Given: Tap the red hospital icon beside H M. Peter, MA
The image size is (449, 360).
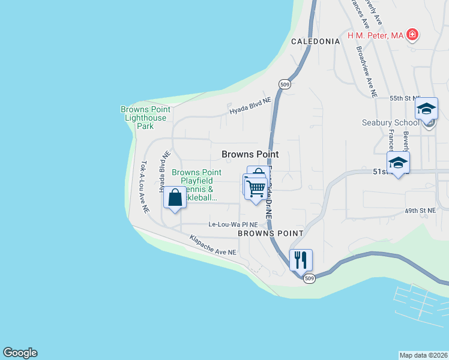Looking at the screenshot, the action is point(412,35).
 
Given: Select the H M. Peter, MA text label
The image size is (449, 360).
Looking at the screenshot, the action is point(375,35).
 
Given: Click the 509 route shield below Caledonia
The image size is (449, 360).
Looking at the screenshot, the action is point(285,85).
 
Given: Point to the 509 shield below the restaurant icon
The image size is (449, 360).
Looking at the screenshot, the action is point(309,279).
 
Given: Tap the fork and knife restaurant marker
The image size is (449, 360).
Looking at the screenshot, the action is point(301,260).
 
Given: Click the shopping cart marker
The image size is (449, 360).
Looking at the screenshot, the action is point(256,188).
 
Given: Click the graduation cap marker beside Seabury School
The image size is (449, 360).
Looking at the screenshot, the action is point(426,109).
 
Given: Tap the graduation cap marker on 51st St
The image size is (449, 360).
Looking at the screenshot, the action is point(398,163).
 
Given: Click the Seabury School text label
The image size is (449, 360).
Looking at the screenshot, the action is point(390,123).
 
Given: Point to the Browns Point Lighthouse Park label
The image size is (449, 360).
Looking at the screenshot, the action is point(145,118).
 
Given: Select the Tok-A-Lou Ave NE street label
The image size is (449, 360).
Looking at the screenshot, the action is point(144,187).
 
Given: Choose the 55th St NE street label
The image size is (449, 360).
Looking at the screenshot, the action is point(405,98).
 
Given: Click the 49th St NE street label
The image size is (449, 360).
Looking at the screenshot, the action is point(420,211).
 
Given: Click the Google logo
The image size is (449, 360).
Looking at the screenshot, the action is point(20,353).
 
